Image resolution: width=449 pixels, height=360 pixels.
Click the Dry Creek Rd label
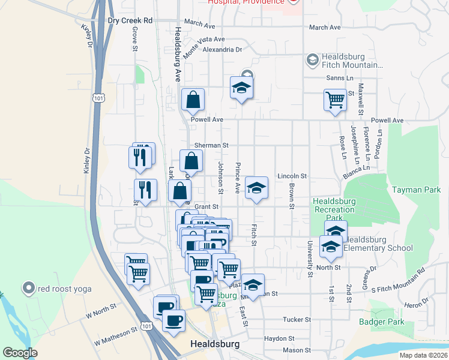coord(130,20)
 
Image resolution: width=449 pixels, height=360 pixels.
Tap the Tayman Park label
coord(417,190)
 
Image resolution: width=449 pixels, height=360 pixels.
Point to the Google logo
coord(20,353)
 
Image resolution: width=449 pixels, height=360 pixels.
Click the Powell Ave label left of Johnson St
coord(207,119)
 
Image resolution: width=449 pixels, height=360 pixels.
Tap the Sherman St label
coord(212,145)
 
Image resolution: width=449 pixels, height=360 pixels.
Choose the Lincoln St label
coord(292,176)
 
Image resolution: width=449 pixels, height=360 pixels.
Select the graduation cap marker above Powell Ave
coord(242,89)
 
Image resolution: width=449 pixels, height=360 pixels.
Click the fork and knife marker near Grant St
coord(145,191)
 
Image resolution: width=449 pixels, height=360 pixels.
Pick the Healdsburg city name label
coord(214,344)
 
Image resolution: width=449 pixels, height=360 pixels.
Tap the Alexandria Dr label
coord(222,50)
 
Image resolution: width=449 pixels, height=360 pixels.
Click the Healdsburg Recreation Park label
coord(334,205)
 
